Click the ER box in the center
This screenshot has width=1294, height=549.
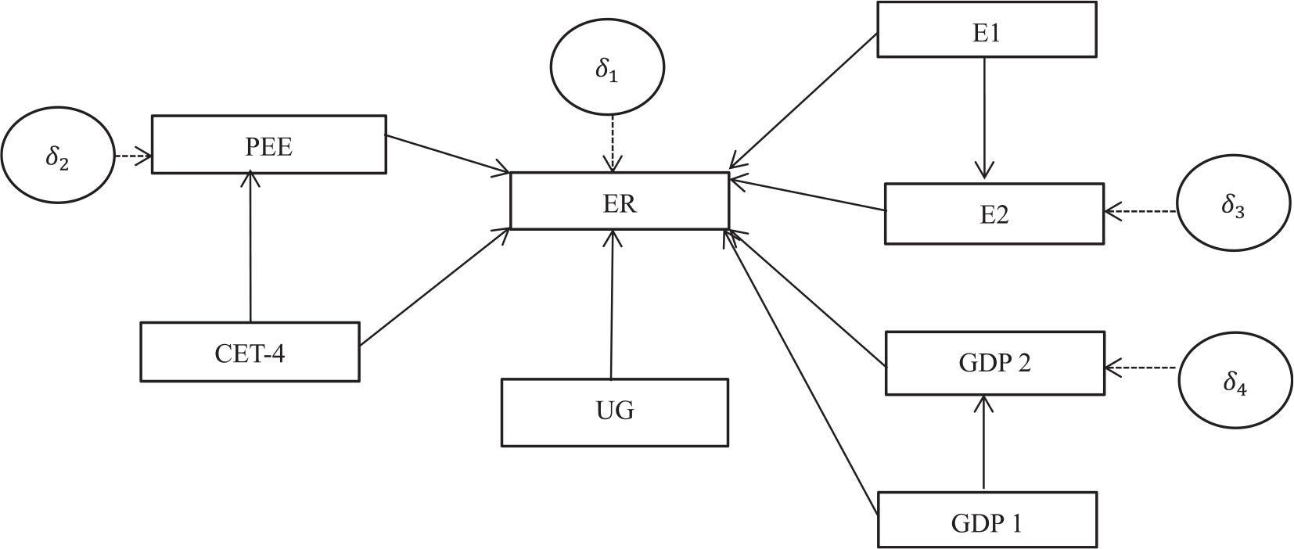tap(620, 200)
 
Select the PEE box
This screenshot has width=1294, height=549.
tap(269, 145)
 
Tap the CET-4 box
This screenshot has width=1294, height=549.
tap(250, 352)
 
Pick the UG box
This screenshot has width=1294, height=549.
tap(615, 412)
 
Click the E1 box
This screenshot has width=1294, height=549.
tap(987, 30)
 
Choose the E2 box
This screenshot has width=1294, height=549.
tap(994, 213)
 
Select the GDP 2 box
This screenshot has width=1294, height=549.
tap(995, 363)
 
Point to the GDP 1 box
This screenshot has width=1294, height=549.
tap(987, 519)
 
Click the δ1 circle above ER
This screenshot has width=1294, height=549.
tap(607, 67)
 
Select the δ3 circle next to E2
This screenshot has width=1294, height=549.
tap(1233, 203)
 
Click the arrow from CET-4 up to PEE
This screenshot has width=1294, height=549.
tap(250, 246)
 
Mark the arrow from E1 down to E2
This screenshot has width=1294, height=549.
tap(984, 118)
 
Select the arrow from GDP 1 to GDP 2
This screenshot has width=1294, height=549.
tap(983, 443)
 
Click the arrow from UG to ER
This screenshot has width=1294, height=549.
tap(612, 304)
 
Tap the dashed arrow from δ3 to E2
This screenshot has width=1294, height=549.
tap(1141, 211)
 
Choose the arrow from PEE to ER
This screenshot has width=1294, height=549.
tap(448, 153)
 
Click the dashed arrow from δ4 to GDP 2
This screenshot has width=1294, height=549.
tap(1141, 368)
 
